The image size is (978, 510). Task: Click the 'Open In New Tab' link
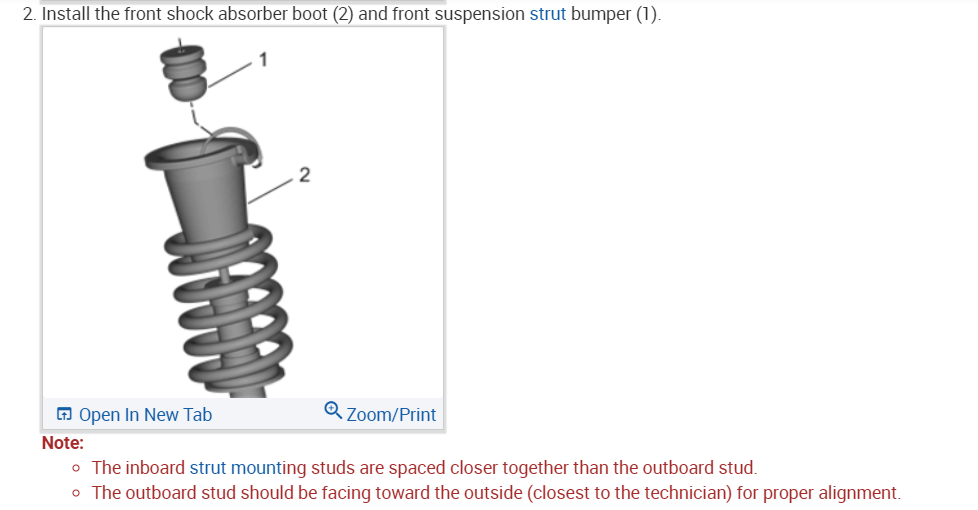144,414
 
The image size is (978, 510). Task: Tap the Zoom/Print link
391,414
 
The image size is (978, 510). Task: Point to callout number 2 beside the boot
304,177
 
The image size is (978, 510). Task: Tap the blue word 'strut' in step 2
547,14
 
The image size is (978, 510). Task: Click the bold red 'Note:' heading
63,442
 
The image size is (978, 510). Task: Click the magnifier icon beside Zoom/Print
333,411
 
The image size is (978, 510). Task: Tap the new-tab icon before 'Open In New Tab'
64,414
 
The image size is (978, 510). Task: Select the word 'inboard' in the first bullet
155,467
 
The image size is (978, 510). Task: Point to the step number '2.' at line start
29,14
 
